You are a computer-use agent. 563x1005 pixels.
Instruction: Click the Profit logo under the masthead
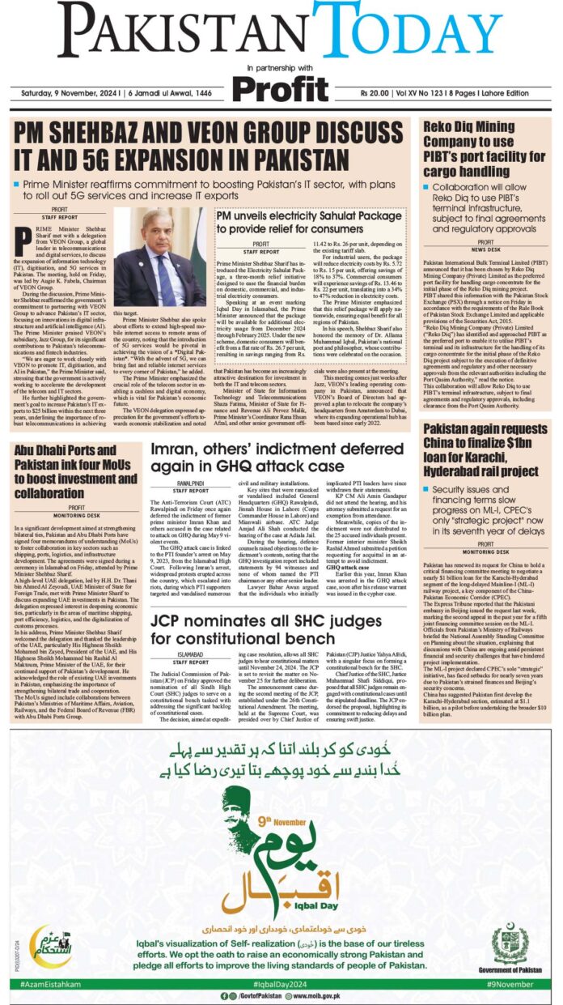tap(281, 83)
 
